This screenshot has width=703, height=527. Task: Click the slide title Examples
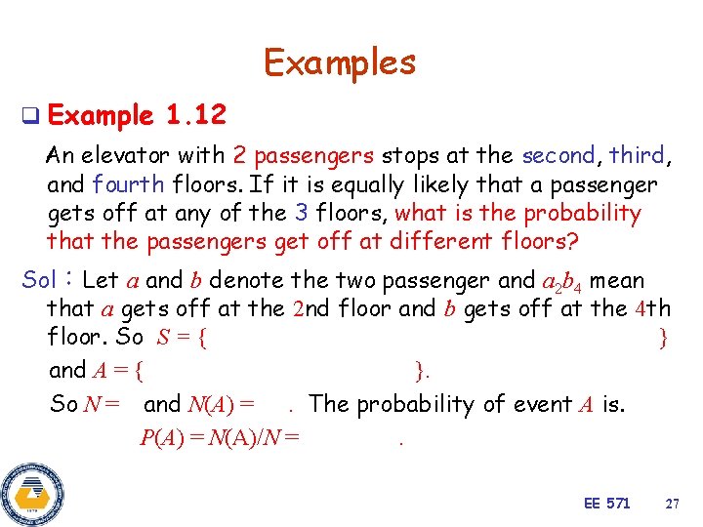340,62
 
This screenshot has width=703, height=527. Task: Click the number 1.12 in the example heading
196,117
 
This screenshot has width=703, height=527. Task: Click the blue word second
558,155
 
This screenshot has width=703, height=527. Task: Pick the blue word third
637,155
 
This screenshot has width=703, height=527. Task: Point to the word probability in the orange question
582,213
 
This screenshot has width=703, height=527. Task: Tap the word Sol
39,281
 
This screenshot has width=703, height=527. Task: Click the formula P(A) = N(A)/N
220,438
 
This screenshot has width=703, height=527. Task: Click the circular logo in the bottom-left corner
31,494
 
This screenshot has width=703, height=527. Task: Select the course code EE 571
606,504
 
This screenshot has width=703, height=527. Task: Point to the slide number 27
672,504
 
